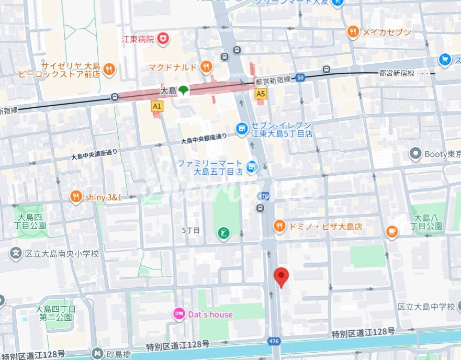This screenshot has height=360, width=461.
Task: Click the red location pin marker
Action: tap(282, 276)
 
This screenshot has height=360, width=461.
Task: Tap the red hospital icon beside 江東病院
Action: tap(164, 38)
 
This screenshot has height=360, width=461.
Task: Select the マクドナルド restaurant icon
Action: tap(207, 66)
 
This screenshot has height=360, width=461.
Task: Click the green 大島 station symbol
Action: tap(182, 92)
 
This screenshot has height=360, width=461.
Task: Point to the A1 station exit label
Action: tap(156, 106)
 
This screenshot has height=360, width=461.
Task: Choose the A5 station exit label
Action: tap(260, 94)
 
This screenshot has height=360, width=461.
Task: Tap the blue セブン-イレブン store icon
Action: tap(241, 128)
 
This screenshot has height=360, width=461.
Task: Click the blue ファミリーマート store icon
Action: tap(252, 166)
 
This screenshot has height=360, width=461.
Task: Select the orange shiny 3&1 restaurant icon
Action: tap(76, 197)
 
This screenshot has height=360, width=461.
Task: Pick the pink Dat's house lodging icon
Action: tap(179, 314)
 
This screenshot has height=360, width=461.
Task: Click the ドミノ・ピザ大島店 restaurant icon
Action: tap(279, 227)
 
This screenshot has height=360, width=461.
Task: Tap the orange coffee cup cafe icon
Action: tap(391, 231)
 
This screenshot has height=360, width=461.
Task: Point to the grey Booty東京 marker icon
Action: tap(415, 154)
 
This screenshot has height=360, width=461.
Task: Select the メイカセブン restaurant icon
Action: tap(354, 32)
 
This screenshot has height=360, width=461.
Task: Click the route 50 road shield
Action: tap(300, 77)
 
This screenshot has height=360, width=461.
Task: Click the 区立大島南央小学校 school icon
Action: tap(16, 254)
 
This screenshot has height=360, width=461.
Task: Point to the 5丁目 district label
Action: tap(190, 230)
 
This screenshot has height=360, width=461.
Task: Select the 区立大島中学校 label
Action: tap(426, 307)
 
